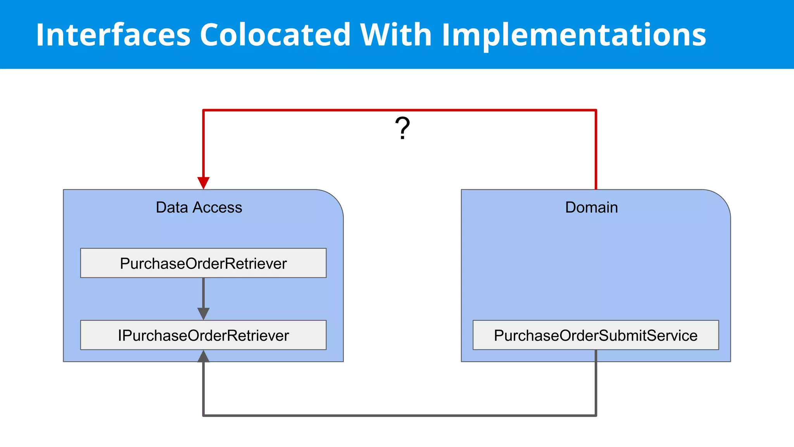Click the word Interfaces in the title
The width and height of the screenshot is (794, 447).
pyautogui.click(x=113, y=35)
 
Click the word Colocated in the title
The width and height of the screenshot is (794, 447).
pyautogui.click(x=275, y=35)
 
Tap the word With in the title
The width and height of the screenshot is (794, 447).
pyautogui.click(x=396, y=35)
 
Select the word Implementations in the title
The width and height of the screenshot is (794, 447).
pyautogui.click(x=574, y=35)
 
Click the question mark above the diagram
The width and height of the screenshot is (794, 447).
pyautogui.click(x=402, y=128)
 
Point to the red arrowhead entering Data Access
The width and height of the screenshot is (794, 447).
pyautogui.click(x=204, y=182)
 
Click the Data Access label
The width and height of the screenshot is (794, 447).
pyautogui.click(x=199, y=208)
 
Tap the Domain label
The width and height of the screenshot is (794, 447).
pyautogui.click(x=591, y=208)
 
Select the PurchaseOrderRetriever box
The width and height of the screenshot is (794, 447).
pyautogui.click(x=203, y=263)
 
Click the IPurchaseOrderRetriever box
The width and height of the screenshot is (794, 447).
pyautogui.click(x=203, y=335)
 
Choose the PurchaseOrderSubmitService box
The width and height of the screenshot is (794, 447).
pyautogui.click(x=595, y=335)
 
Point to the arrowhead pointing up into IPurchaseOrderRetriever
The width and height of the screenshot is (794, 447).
pyautogui.click(x=204, y=356)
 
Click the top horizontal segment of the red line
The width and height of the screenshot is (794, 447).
pyautogui.click(x=399, y=110)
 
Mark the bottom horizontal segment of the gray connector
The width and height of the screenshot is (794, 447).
pyautogui.click(x=399, y=416)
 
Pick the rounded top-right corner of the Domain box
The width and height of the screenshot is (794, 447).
pyautogui.click(x=722, y=199)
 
